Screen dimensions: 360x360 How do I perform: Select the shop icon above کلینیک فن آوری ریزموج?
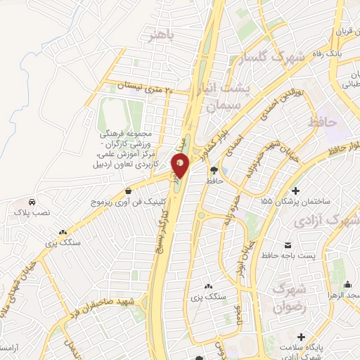[x=127, y=191]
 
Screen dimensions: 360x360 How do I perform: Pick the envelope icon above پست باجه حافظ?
[x=288, y=245]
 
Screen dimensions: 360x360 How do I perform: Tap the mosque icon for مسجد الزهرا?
[x=348, y=284]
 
